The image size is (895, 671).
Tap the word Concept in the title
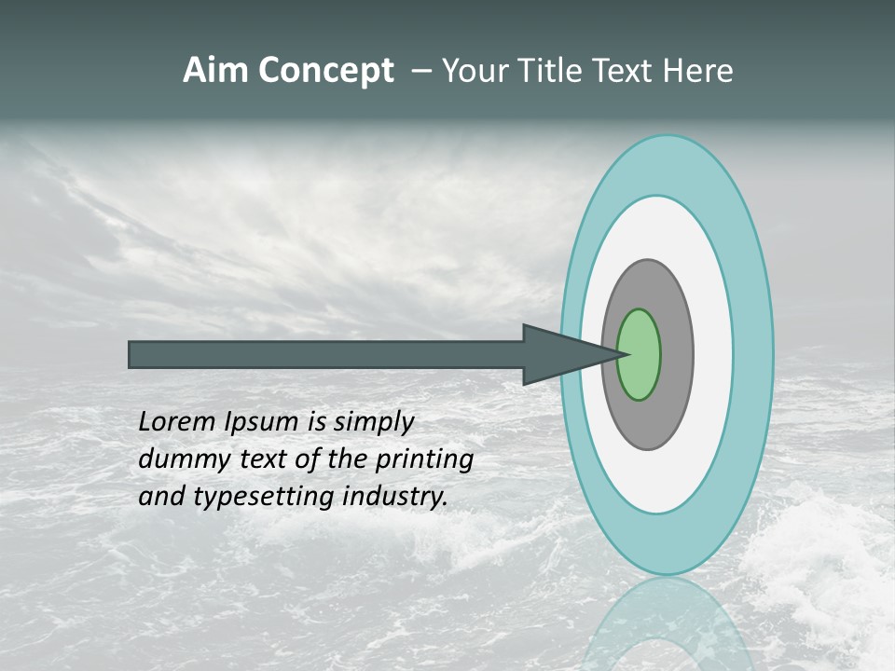325,72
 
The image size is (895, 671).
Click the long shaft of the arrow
326,355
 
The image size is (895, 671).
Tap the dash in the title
421,72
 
